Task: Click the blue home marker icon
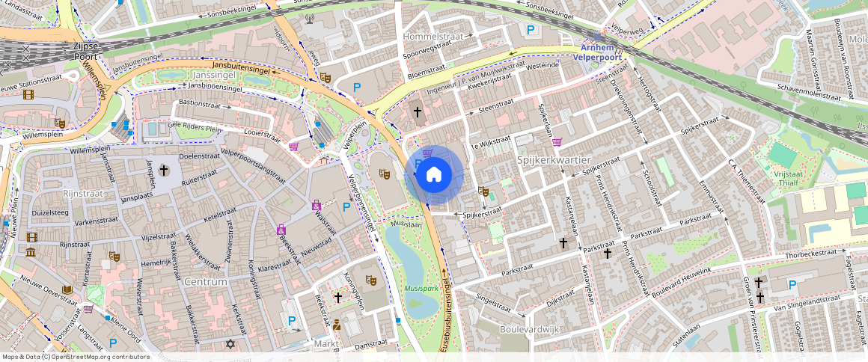(433, 175)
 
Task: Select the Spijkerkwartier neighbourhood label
(554, 161)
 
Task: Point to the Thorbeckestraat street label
(810, 253)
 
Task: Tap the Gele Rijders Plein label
(196, 129)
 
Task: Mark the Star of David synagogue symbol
(230, 344)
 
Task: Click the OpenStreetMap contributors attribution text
(76, 357)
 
